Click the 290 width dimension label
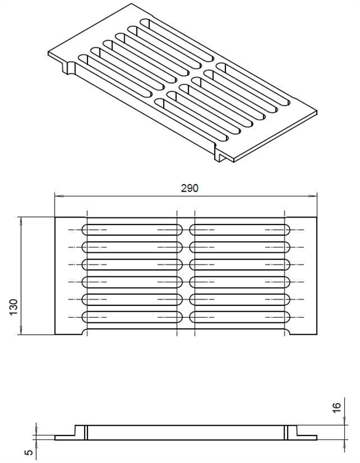tap(190, 188)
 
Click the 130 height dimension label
tap(14, 307)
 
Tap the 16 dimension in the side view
tap(336, 407)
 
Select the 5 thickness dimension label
tap(30, 452)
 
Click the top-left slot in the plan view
tap(131, 230)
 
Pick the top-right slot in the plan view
tap(240, 230)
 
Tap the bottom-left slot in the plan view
tap(131, 317)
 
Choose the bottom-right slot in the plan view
tap(240, 317)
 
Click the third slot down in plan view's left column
tap(131, 265)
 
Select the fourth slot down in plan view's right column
tap(240, 282)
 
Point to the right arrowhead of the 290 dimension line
tap(313, 196)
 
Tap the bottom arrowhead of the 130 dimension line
tap(20, 330)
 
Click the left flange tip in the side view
tap(55, 437)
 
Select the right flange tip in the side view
tap(317, 437)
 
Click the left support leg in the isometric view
tap(68, 68)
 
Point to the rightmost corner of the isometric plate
tap(317, 112)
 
